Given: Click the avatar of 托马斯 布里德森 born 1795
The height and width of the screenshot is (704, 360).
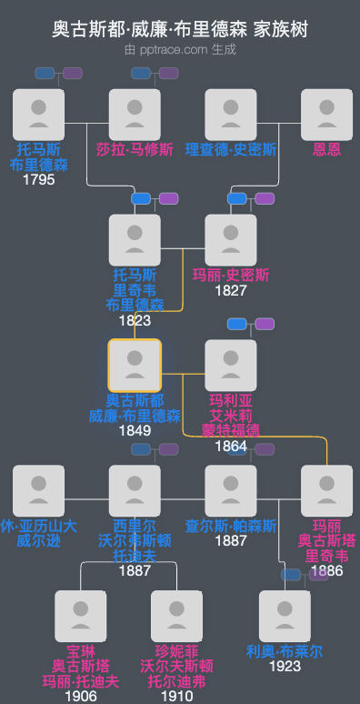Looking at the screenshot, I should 39,115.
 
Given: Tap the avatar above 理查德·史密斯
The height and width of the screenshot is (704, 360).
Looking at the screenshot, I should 231,115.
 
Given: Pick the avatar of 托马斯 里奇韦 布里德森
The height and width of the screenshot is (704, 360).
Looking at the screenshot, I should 135,240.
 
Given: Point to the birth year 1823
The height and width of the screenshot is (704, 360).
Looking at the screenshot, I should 135,320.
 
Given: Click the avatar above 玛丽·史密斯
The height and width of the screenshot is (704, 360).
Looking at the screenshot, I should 231,240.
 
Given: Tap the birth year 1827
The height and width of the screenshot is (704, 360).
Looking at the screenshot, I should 231,291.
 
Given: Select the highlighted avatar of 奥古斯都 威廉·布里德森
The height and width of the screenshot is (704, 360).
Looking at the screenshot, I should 135,366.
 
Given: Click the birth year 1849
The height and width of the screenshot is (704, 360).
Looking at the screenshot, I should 135,430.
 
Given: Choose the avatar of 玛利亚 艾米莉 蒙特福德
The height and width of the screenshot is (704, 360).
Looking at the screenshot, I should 231,366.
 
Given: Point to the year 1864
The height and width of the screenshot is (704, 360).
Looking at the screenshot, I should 231,446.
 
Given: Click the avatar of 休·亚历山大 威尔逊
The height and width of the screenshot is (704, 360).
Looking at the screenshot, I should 39,491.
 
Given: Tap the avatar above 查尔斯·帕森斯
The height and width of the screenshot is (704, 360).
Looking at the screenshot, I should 231,491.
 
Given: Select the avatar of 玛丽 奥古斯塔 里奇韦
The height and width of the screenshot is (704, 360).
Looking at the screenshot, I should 326,491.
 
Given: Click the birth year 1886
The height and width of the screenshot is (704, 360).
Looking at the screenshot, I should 326,571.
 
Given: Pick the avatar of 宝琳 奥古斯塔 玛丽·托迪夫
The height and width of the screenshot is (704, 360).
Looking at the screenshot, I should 81,617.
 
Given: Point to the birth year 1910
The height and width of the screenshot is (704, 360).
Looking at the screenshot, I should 177,696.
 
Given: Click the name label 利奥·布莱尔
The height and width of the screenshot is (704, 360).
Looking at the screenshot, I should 285,651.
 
